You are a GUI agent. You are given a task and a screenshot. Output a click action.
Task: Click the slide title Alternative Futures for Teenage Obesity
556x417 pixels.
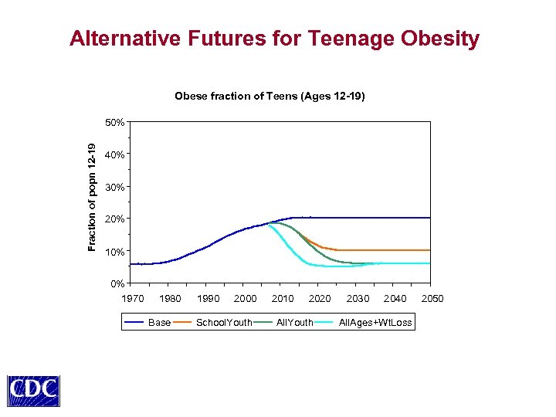coord(274,39)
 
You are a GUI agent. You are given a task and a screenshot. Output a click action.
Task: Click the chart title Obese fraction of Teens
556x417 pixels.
coord(270,97)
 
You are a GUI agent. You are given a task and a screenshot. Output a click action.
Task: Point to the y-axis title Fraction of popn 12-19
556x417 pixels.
coord(92,197)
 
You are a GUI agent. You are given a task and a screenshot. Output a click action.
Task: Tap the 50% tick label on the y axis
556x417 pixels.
coord(115,123)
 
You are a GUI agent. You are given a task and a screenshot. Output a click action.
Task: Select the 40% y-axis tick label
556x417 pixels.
coord(115,155)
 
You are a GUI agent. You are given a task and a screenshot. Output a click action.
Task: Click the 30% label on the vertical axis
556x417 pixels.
coord(115,188)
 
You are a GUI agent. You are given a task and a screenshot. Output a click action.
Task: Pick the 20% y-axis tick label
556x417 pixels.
coord(115,220)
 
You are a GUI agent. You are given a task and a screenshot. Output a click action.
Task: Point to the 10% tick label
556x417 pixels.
coord(115,253)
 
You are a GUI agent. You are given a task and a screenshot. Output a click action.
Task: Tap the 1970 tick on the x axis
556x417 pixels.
coord(133,299)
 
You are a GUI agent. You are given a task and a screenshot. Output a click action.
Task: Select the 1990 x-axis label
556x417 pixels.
coord(208,299)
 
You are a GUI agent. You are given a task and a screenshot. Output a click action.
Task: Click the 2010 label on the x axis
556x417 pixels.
coord(283,299)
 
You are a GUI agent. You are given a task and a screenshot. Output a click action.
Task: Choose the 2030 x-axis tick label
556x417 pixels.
coord(358,299)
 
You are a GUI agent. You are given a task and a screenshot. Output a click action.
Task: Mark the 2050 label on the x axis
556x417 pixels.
coord(432,299)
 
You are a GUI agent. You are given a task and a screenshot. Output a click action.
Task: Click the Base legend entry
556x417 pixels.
coord(159,322)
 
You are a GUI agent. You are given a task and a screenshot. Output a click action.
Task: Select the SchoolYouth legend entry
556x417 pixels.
coord(224,322)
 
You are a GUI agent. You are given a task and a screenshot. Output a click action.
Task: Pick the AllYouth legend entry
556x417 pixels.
coord(294,322)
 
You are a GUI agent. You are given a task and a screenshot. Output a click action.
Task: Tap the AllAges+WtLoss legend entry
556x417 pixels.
coord(375,322)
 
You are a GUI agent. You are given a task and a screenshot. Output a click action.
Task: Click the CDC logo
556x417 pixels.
coord(33,391)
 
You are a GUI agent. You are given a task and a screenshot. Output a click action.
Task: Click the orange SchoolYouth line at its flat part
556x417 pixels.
coord(386,250)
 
